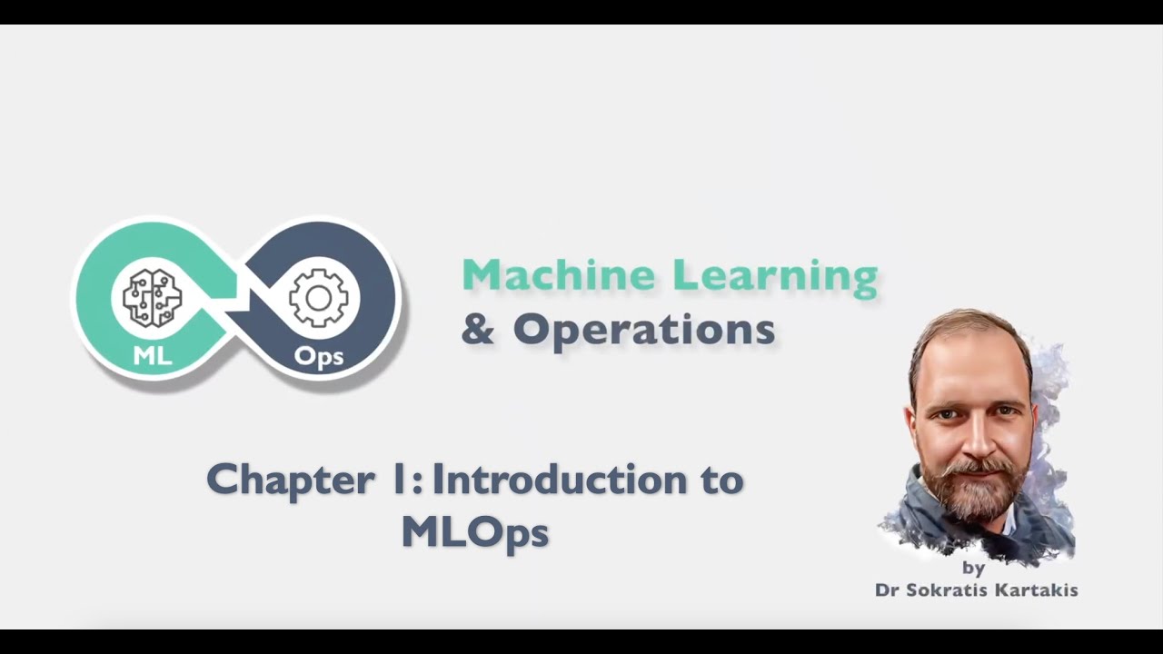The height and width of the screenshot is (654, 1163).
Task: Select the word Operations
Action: tap(643, 330)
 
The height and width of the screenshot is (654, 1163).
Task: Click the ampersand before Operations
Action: tap(478, 330)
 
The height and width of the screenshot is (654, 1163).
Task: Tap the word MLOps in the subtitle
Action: tap(474, 532)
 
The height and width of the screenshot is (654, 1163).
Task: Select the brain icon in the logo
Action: tap(152, 297)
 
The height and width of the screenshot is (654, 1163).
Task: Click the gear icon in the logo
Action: tap(318, 298)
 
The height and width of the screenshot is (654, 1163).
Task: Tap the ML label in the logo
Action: tap(152, 355)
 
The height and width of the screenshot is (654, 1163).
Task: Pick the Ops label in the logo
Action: tap(318, 356)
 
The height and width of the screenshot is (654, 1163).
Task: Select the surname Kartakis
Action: tap(1040, 590)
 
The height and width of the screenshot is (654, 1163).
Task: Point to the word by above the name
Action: tap(973, 569)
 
